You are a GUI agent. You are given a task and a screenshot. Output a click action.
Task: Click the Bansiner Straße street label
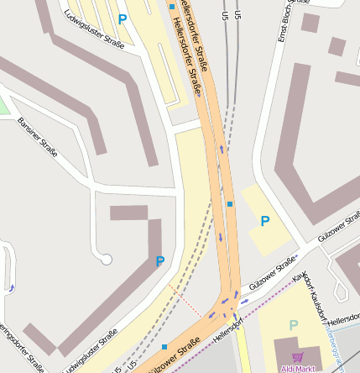37,138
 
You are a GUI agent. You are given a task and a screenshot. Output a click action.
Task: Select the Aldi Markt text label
297,368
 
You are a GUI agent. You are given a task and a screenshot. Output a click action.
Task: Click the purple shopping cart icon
297,356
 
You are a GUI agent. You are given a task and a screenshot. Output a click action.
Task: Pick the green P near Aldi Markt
293,325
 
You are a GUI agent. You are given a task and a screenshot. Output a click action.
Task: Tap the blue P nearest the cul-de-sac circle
159,261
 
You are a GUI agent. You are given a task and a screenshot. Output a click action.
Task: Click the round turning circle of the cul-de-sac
107,260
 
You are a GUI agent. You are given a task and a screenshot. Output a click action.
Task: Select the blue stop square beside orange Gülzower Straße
164,346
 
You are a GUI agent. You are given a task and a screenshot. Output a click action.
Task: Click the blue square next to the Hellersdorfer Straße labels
172,7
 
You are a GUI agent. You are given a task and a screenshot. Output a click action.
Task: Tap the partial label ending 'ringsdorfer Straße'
20,345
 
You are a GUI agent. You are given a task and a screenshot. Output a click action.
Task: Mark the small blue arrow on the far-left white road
12,289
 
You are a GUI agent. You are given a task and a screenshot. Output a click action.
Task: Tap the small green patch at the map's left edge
3,105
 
